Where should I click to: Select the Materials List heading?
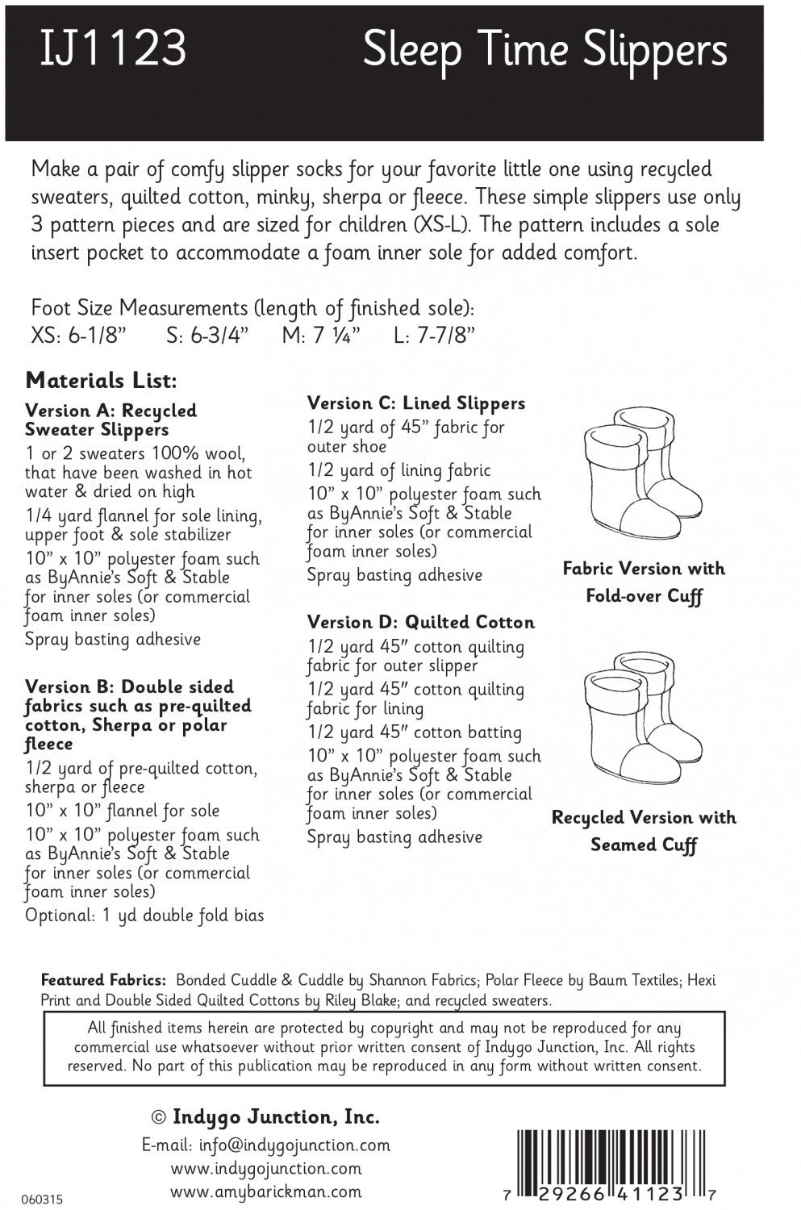(x=101, y=380)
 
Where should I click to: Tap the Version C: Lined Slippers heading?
(x=415, y=403)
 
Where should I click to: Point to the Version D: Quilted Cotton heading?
(x=420, y=622)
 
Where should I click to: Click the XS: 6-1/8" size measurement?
(x=79, y=336)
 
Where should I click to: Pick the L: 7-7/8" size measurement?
(x=434, y=336)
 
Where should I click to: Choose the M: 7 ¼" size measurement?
(x=321, y=336)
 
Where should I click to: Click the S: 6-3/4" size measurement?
(x=207, y=336)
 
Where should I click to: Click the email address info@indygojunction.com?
(x=265, y=1145)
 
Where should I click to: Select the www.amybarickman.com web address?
(x=265, y=1191)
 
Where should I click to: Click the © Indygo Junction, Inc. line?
(x=265, y=1117)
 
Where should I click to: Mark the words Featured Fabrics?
(x=103, y=981)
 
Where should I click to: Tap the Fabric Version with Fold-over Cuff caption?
(x=644, y=582)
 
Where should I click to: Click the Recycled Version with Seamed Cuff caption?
(x=644, y=831)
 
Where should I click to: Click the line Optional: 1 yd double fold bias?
(x=144, y=916)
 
